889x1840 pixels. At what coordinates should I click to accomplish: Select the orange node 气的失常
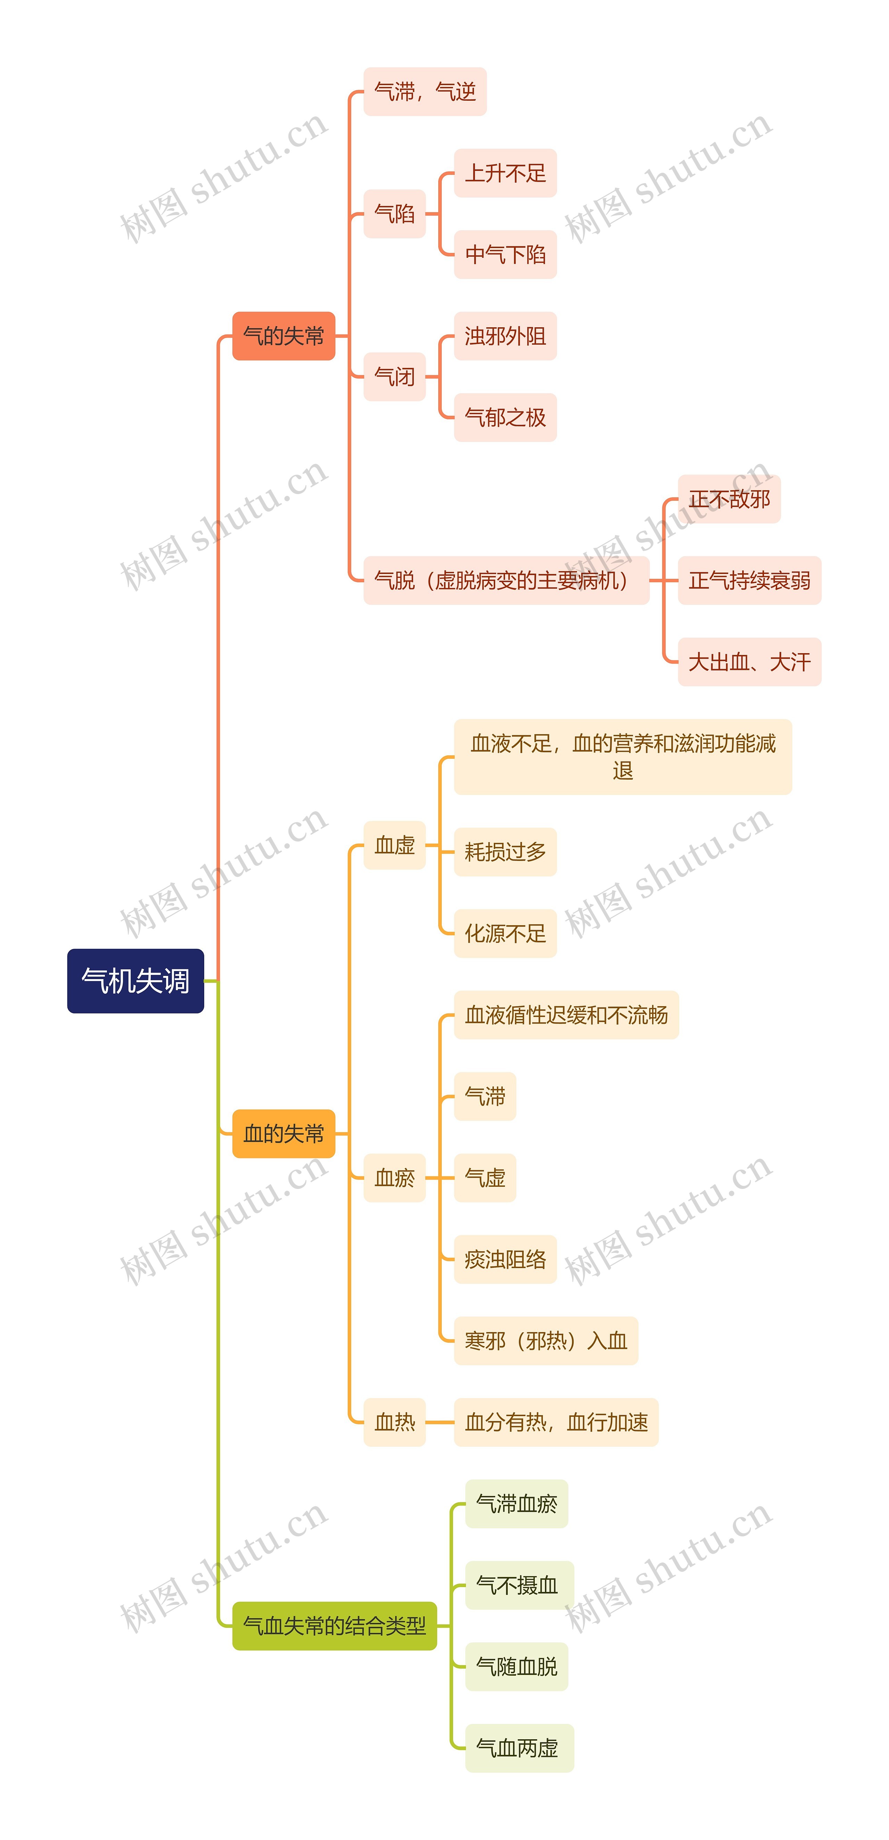point(283,336)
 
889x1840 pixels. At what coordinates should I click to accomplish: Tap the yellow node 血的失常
point(283,1134)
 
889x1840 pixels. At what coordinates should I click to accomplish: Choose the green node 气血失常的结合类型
point(334,1626)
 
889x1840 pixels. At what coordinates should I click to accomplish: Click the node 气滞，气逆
point(425,91)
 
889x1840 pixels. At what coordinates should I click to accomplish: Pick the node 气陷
point(394,214)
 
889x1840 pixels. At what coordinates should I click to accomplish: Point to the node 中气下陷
point(505,254)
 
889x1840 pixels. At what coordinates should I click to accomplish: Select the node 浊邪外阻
point(505,336)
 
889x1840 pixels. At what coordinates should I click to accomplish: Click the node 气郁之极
point(505,417)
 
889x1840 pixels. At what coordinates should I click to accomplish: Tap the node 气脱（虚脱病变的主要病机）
point(506,580)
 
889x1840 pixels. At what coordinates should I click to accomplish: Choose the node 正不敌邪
point(728,499)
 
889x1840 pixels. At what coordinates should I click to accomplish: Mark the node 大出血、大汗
point(749,662)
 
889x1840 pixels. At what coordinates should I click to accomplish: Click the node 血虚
point(394,845)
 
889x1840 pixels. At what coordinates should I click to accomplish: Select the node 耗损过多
point(505,852)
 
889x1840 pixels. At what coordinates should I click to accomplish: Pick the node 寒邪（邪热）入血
point(546,1341)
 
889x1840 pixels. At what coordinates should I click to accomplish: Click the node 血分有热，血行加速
point(556,1422)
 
